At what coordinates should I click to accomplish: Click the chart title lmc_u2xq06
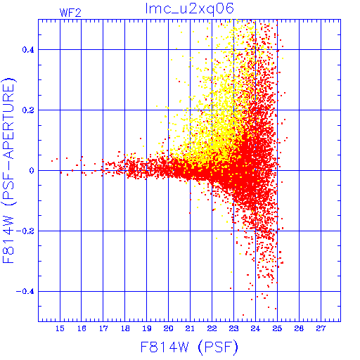click(x=190, y=9)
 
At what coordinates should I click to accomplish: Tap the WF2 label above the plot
click(x=70, y=13)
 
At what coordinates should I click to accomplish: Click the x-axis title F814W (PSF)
click(x=189, y=347)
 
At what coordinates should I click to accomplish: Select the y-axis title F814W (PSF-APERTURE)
click(x=9, y=171)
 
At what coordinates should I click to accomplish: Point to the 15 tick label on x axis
click(x=60, y=328)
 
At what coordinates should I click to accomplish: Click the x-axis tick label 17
click(x=103, y=328)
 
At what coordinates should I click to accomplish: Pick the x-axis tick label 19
click(x=147, y=328)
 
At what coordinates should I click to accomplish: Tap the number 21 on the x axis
click(x=190, y=328)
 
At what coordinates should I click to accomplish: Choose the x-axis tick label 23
click(x=233, y=328)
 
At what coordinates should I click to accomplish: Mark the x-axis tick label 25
click(x=277, y=328)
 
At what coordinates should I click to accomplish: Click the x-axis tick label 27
click(x=321, y=328)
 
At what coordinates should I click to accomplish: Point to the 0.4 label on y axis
click(x=28, y=50)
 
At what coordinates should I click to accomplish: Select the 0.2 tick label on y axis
click(x=28, y=110)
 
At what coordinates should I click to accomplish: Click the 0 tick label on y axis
click(x=32, y=171)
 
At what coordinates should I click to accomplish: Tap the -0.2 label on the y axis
click(x=25, y=231)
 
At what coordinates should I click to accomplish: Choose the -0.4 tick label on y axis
click(x=25, y=292)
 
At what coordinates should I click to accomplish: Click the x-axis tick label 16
click(x=82, y=328)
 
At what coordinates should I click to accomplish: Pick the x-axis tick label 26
click(x=299, y=328)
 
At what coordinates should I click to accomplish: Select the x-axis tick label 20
click(x=169, y=328)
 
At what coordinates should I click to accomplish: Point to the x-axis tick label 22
click(x=212, y=328)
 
